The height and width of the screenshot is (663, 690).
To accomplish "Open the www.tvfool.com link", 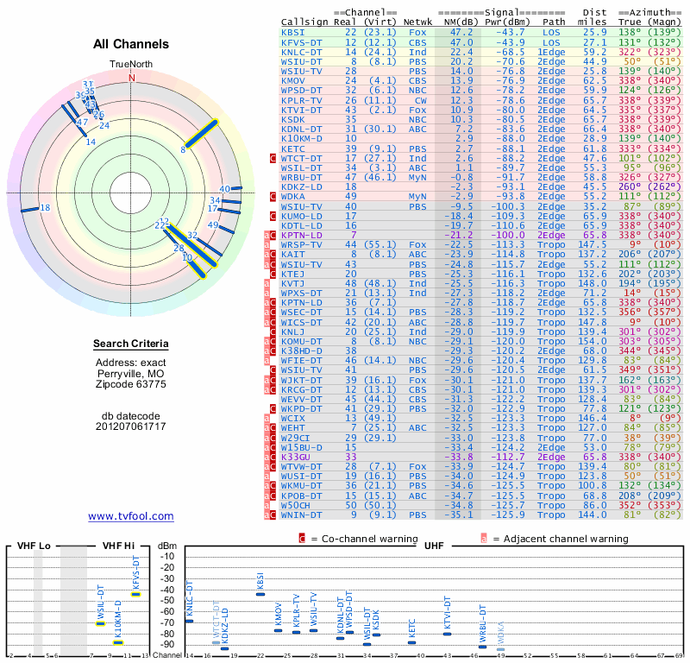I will pos(131,516).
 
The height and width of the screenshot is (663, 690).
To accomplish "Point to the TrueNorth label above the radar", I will pos(131,65).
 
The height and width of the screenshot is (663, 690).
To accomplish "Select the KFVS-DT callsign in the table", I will pos(302,41).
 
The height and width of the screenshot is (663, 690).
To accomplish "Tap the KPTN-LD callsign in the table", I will pos(302,235).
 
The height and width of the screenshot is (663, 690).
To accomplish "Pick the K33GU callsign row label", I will pos(296,457).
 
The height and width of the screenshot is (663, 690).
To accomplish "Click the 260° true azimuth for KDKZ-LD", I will pos(629,186).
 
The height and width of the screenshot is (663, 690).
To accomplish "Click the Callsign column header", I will pos(304,22).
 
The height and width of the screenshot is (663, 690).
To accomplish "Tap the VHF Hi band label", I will pos(118,546).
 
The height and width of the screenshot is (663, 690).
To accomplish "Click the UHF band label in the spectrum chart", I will pos(435,546).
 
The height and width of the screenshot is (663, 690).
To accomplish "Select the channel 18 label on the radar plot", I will pos(46,207).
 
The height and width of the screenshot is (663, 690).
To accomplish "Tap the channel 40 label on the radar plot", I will pos(224,188).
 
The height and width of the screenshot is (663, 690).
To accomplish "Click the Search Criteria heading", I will pos(131,344).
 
